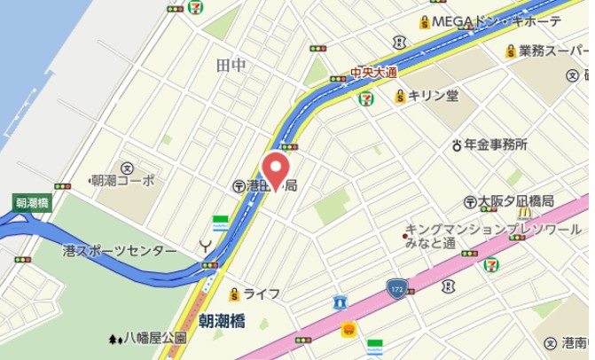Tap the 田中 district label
[231, 65]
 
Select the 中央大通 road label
[373, 72]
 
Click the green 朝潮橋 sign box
[33, 202]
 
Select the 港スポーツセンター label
[119, 252]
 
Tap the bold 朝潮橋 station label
[222, 321]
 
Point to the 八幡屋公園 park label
[153, 338]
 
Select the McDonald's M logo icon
[524, 212]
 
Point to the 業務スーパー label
[552, 51]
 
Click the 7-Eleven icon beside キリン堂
[365, 98]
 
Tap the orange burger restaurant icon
[348, 329]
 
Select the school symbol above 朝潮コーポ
[127, 166]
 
